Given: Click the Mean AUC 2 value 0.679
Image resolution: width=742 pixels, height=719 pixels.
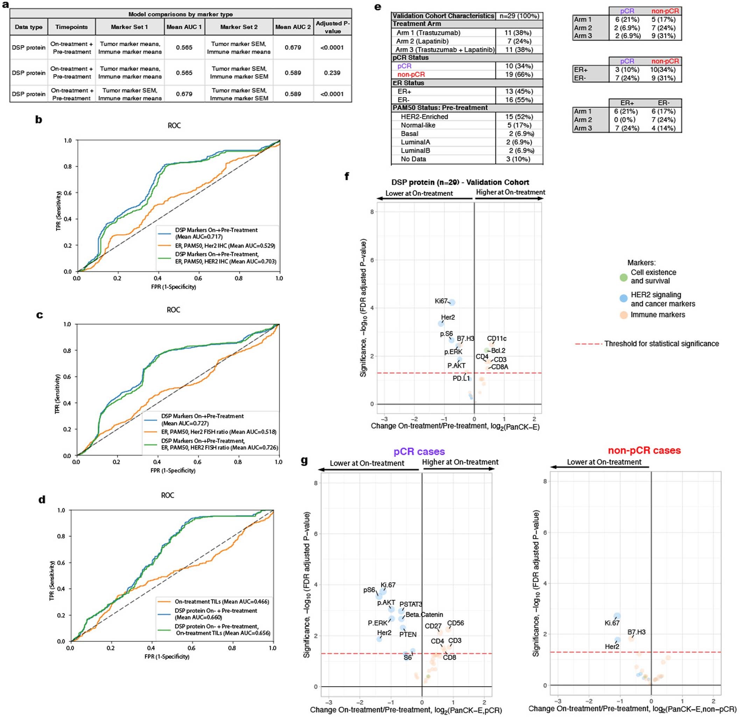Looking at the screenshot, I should [x=293, y=48].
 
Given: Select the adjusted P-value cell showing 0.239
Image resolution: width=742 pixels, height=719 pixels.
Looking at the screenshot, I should [x=332, y=73].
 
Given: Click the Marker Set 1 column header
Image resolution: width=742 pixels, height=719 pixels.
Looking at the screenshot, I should [x=129, y=27].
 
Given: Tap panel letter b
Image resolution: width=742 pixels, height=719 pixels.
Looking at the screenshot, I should [x=38, y=120].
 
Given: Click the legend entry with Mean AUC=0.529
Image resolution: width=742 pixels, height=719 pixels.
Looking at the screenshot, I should [x=224, y=246].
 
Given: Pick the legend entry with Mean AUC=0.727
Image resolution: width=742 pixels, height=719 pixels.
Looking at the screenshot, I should [x=202, y=419].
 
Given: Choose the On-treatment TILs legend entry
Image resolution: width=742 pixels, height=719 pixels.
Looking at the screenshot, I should [x=222, y=601].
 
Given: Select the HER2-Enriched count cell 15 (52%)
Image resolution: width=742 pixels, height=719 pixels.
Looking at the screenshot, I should [x=519, y=117].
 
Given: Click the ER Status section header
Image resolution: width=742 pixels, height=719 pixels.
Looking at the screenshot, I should [x=408, y=83].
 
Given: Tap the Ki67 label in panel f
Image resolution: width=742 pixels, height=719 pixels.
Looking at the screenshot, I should [x=441, y=301].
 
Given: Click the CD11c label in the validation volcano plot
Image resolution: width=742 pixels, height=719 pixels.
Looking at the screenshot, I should [x=496, y=339].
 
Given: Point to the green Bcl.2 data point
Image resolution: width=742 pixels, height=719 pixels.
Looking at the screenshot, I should [x=487, y=351].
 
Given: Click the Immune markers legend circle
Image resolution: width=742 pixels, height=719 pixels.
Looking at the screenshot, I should [x=623, y=315].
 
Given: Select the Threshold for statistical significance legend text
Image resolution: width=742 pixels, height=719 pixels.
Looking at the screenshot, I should [x=661, y=344].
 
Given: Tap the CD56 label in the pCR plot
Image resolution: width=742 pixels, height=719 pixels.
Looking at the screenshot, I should [x=455, y=623].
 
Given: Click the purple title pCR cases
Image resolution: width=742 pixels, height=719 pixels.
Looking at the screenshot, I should [x=419, y=451].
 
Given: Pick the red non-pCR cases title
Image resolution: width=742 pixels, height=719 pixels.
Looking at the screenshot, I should [x=644, y=450].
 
